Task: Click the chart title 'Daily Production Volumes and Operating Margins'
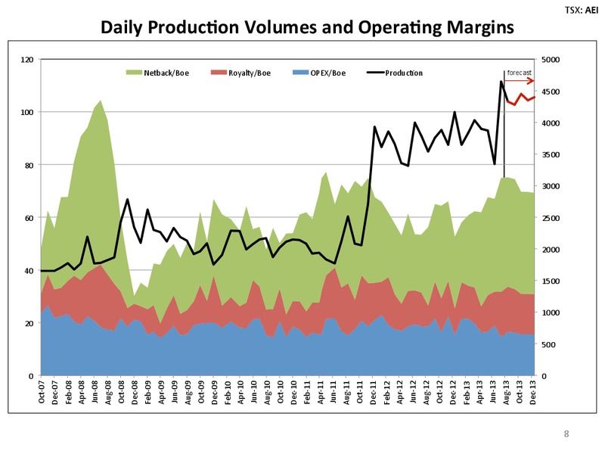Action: [x=307, y=27]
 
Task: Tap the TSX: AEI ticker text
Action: [x=582, y=10]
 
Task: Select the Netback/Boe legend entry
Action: [x=157, y=73]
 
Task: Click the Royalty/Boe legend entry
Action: [x=240, y=73]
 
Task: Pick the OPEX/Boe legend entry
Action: [x=319, y=73]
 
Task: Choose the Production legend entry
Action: [x=394, y=73]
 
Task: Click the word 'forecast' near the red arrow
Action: [x=519, y=73]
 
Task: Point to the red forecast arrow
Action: [x=520, y=81]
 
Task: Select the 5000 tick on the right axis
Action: [x=551, y=60]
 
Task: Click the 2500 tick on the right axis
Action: [x=551, y=218]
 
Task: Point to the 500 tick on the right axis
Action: [x=548, y=344]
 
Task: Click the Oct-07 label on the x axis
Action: [x=42, y=393]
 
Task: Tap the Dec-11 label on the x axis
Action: [x=373, y=393]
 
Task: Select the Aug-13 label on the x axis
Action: [x=506, y=393]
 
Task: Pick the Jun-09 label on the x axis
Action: [x=174, y=393]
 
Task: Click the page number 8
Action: [x=566, y=434]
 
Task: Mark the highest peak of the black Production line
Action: [x=501, y=82]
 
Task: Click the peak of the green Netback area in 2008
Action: [x=101, y=101]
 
